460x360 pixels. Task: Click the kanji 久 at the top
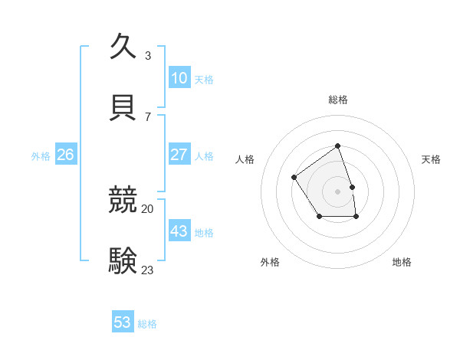[123, 47]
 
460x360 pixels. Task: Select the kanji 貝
[123, 108]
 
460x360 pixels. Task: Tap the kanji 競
[123, 200]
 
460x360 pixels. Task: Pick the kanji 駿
[123, 261]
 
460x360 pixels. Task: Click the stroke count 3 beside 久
[148, 55]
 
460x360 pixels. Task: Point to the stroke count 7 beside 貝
[148, 116]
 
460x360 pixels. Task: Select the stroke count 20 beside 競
[148, 208]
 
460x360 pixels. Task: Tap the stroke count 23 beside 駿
[148, 270]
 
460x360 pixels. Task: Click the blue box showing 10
[179, 78]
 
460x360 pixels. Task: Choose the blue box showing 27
[179, 155]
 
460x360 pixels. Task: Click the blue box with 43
[179, 231]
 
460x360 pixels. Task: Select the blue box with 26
[65, 155]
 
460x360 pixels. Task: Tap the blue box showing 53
[123, 322]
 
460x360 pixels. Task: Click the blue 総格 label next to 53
[147, 324]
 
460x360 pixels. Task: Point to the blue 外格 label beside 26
[41, 156]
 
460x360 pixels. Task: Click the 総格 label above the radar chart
[337, 100]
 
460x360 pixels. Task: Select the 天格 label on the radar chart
[432, 159]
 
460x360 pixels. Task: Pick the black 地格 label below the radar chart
[402, 262]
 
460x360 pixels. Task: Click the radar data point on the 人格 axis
[294, 178]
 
